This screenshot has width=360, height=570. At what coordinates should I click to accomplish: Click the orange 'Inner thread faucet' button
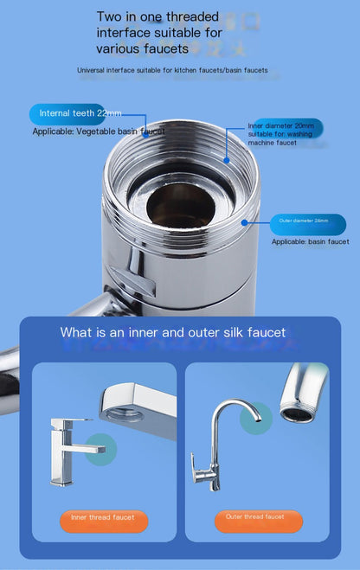click(x=104, y=517)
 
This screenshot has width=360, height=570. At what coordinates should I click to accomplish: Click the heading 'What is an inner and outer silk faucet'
click(x=172, y=332)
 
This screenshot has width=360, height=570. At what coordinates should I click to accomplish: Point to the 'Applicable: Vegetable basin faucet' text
click(x=99, y=131)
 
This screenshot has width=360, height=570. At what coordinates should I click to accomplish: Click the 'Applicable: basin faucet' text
click(x=310, y=242)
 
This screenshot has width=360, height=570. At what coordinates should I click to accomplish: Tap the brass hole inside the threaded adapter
click(x=180, y=205)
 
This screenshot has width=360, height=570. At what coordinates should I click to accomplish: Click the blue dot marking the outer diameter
click(x=245, y=221)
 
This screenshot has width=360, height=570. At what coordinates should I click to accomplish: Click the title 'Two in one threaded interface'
click(x=157, y=33)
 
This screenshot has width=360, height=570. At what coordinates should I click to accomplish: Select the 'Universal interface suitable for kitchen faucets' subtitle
click(x=172, y=70)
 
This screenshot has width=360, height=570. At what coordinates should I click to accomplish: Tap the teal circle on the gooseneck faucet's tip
click(x=255, y=419)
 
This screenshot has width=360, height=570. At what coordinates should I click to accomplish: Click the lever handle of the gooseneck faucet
click(x=200, y=475)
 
